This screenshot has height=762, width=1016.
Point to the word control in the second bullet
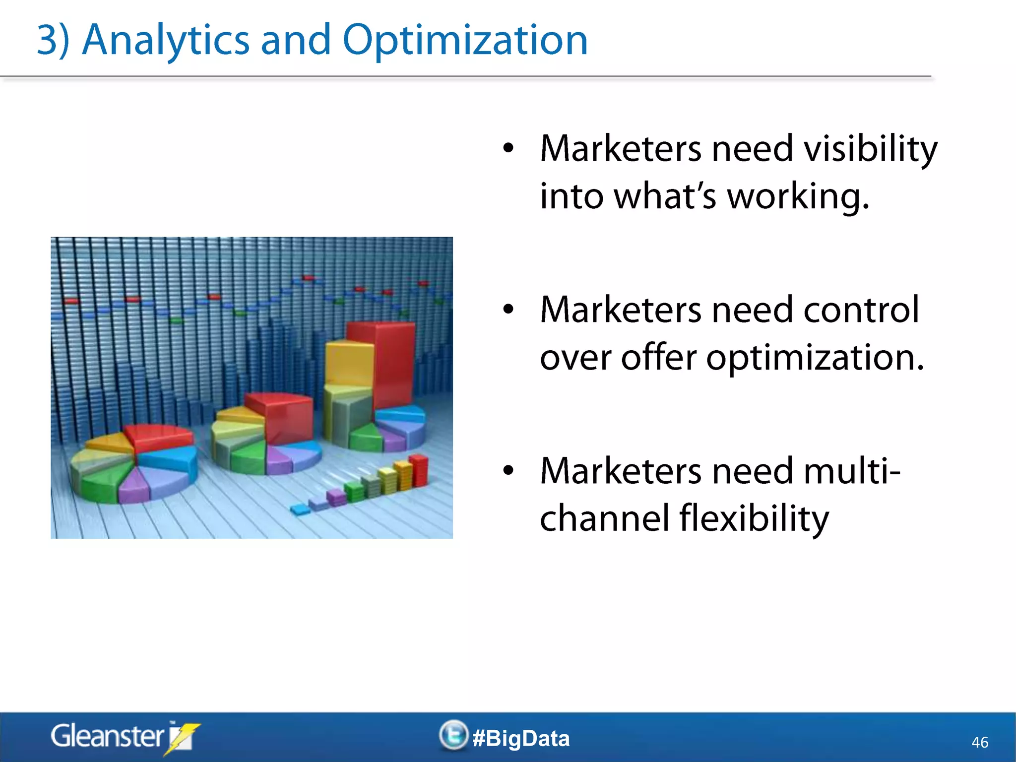tap(861, 310)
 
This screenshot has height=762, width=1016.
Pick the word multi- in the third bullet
tap(851, 470)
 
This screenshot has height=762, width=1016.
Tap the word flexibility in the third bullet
tap(754, 518)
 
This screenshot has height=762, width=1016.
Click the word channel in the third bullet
tap(605, 518)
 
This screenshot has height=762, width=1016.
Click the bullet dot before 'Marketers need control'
tap(508, 310)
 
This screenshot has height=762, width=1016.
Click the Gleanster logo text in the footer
tap(107, 736)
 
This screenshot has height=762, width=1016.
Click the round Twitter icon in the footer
tap(453, 735)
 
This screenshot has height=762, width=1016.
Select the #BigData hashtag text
tap(521, 738)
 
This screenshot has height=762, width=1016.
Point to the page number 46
tap(979, 742)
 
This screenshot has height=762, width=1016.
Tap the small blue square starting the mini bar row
tap(300, 509)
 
